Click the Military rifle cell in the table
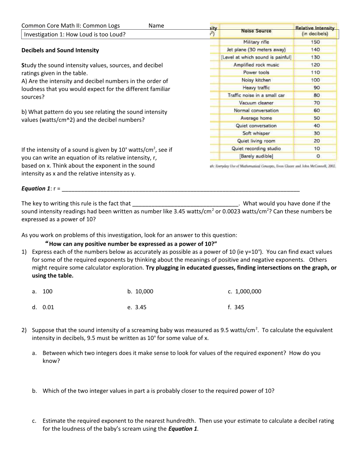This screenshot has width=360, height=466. pyautogui.click(x=256, y=42)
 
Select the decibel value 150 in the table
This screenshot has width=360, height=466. pyautogui.click(x=315, y=42)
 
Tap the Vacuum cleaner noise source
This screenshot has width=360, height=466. pyautogui.click(x=256, y=103)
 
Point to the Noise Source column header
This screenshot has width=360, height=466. pyautogui.click(x=256, y=31)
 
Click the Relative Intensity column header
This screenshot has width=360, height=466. pyautogui.click(x=315, y=31)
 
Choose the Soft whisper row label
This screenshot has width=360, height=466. pyautogui.click(x=256, y=133)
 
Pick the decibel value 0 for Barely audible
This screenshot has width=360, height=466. pyautogui.click(x=318, y=156)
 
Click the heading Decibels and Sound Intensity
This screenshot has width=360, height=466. pyautogui.click(x=60, y=50)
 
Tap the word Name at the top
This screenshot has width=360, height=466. pyautogui.click(x=156, y=25)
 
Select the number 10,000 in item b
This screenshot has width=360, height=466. pyautogui.click(x=144, y=291)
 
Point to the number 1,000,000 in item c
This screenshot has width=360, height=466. pyautogui.click(x=248, y=291)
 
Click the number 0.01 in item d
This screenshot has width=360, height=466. pyautogui.click(x=48, y=307)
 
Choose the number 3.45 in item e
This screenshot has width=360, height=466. pyautogui.click(x=140, y=307)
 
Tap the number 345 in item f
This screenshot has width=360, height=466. pyautogui.click(x=239, y=307)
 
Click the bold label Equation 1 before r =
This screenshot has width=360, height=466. pyautogui.click(x=36, y=189)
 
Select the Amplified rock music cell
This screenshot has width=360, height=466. pyautogui.click(x=256, y=65)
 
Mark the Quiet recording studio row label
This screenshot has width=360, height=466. pyautogui.click(x=256, y=149)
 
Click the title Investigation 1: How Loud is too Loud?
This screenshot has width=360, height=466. pyautogui.click(x=74, y=34)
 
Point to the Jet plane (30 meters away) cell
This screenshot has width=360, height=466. pyautogui.click(x=256, y=50)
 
